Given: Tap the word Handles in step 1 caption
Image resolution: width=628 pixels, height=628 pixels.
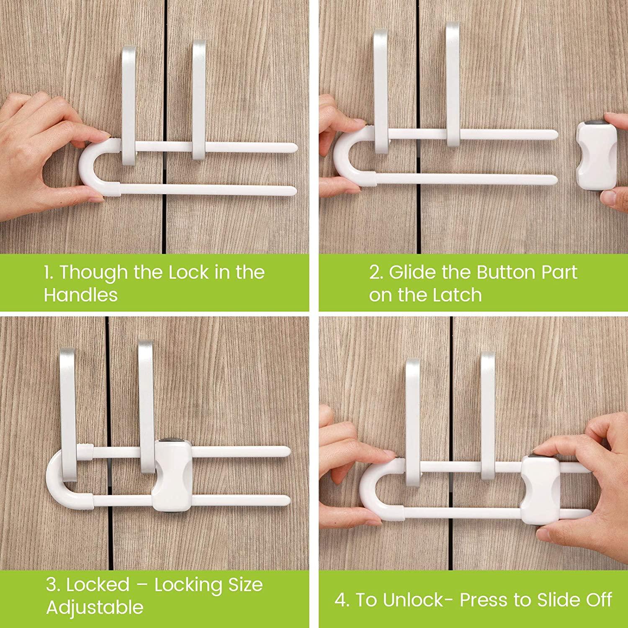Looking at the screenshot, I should pos(81,295).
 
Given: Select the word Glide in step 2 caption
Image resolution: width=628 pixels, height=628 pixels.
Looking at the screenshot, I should pos(414,273).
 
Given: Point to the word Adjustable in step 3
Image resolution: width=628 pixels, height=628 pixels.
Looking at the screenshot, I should pos(95,607).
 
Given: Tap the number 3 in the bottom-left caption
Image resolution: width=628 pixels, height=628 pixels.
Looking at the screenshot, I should pos(52,585).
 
